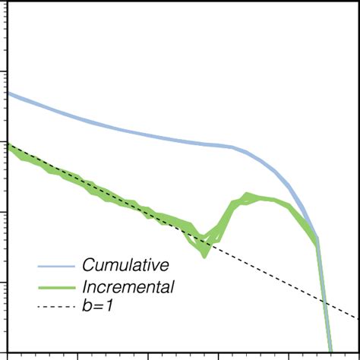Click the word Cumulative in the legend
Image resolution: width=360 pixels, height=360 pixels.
pyautogui.click(x=125, y=266)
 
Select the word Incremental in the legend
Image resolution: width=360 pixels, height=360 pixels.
pyautogui.click(x=128, y=287)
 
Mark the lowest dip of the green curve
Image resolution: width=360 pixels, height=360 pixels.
pyautogui.click(x=204, y=254)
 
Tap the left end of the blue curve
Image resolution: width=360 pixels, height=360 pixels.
pyautogui.click(x=8, y=93)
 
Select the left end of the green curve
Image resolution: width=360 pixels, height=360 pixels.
pyautogui.click(x=8, y=146)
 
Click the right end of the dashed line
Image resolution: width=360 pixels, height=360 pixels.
pyautogui.click(x=358, y=318)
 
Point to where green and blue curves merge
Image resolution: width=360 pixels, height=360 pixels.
pyautogui.click(x=317, y=241)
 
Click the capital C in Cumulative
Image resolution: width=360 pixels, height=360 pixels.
pyautogui.click(x=88, y=266)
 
